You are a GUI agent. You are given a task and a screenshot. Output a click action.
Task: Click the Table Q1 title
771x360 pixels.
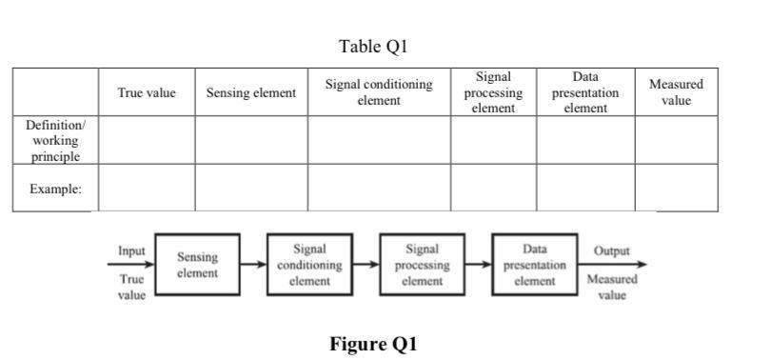[378, 46]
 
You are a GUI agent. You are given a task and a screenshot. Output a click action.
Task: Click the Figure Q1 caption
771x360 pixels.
[373, 344]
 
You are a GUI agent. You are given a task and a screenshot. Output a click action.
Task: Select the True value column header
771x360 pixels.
[147, 92]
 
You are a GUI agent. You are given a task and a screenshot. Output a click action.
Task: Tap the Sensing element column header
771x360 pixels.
[251, 92]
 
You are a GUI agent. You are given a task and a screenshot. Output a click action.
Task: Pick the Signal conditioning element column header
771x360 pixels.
[379, 92]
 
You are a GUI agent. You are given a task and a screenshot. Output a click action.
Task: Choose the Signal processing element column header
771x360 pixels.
[493, 92]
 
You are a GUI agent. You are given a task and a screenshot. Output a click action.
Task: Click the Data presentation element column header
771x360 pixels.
[585, 92]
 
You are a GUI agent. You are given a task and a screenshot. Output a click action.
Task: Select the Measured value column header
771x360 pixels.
[676, 92]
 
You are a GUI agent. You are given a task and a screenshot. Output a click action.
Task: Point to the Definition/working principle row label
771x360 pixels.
[55, 140]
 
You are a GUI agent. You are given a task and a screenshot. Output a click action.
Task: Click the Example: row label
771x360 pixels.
[55, 189]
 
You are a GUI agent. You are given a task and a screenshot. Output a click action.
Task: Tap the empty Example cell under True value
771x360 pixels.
[147, 188]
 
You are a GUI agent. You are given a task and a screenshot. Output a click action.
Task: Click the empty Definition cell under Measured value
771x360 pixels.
[676, 140]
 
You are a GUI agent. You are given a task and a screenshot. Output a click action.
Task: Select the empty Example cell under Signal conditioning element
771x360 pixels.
[379, 188]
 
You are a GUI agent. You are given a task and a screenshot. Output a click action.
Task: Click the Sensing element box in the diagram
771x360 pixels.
[197, 265]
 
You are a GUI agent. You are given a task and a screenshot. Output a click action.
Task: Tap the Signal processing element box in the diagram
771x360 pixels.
[422, 265]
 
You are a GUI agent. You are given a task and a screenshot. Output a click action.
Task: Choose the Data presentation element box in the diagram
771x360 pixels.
[534, 265]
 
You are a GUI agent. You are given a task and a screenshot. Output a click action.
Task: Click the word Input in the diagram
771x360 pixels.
[131, 250]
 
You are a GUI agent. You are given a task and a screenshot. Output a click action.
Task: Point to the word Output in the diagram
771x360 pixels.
[611, 250]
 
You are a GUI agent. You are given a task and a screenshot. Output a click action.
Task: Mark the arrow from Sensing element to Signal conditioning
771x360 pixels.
[253, 265]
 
